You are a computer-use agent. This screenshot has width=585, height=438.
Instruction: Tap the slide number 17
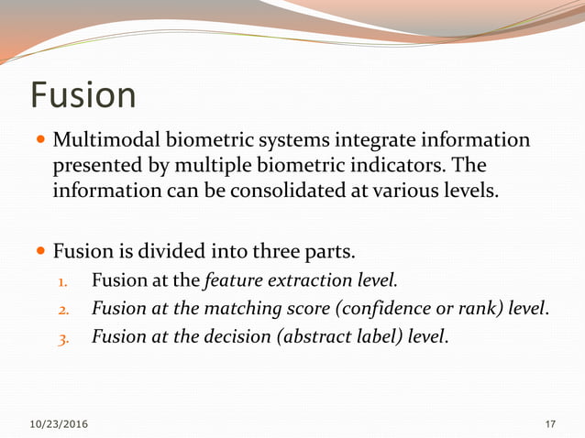tap(550, 423)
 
